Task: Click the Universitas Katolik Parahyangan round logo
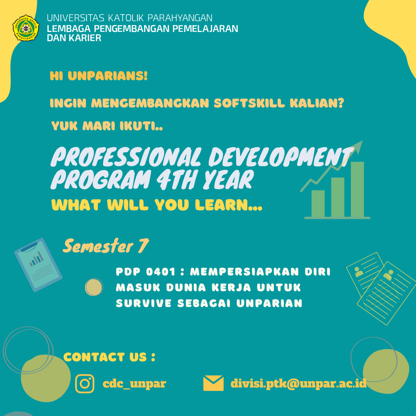(26, 28)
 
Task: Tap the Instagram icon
(85, 384)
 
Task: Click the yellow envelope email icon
(213, 383)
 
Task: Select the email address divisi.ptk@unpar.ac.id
(298, 384)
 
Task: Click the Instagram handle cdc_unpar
(134, 384)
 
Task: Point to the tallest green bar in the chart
(357, 189)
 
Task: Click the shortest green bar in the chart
(318, 203)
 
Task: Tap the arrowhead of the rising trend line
(358, 145)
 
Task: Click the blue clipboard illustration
(38, 265)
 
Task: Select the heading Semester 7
(106, 246)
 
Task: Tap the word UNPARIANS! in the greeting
(108, 76)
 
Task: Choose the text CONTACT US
(105, 357)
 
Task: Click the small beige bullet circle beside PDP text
(94, 287)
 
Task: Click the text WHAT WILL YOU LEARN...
(157, 205)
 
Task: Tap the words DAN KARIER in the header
(74, 38)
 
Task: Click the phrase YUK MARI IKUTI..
(107, 126)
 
